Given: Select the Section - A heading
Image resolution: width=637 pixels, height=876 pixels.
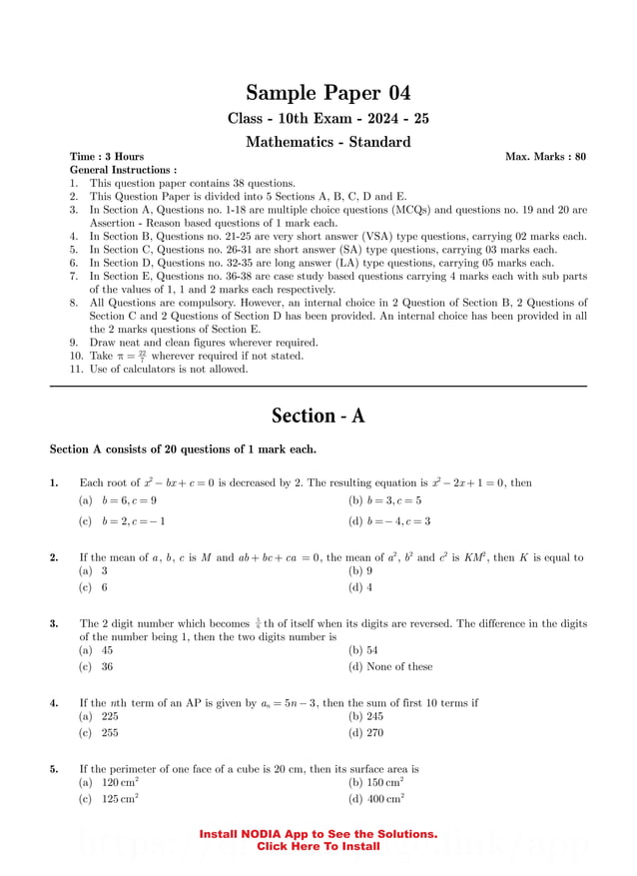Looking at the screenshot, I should click(x=318, y=416).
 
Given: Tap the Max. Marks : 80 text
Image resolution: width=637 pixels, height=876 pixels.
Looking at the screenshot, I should click(x=545, y=157).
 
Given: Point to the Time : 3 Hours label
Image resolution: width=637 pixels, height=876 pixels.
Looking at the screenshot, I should click(x=107, y=157).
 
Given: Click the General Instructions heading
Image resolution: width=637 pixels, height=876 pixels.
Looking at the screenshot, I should click(x=123, y=170).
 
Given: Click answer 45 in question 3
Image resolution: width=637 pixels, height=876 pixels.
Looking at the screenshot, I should click(x=106, y=649).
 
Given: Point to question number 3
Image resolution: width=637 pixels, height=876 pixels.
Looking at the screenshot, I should click(x=54, y=623).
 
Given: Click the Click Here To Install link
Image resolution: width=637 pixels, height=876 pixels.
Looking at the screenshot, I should click(x=318, y=846).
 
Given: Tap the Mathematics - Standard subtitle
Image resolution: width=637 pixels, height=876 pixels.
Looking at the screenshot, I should click(x=327, y=142).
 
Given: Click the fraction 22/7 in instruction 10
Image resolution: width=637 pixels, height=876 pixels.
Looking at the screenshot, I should click(x=143, y=355).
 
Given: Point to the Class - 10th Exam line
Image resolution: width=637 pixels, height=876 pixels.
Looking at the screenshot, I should click(x=328, y=118).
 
